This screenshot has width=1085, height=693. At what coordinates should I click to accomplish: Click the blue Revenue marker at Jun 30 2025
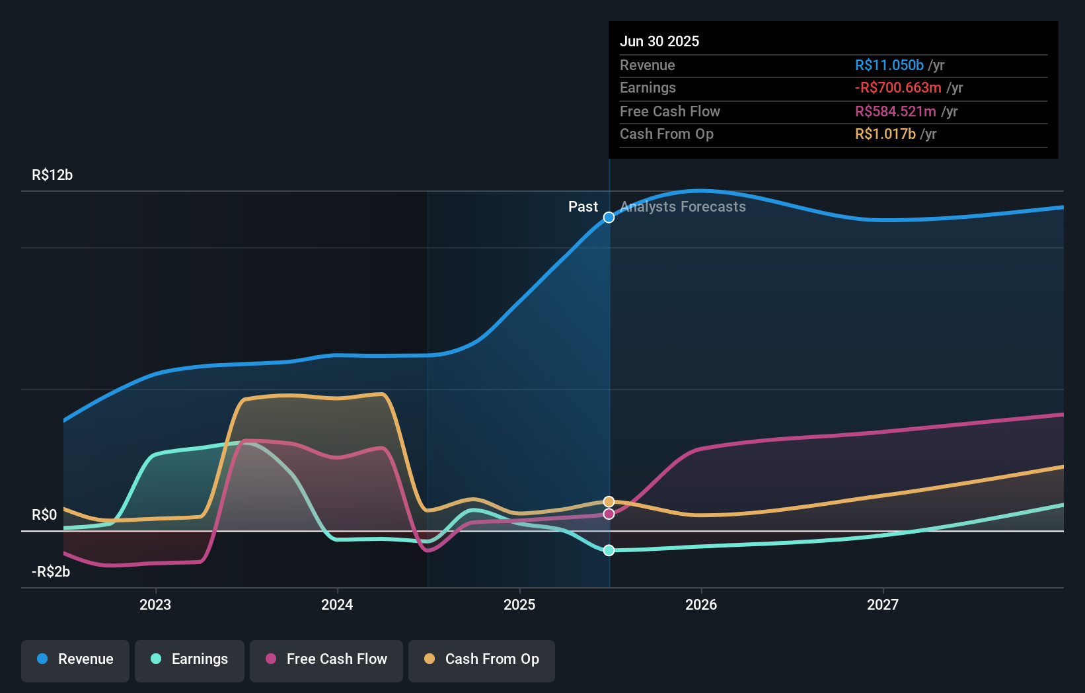pyautogui.click(x=609, y=218)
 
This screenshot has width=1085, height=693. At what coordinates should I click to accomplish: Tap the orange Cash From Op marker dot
pyautogui.click(x=609, y=502)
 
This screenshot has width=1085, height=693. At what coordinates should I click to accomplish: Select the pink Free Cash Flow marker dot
pyautogui.click(x=609, y=514)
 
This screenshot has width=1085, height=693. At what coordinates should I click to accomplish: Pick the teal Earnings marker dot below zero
pyautogui.click(x=609, y=550)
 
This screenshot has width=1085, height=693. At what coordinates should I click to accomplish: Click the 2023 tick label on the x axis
pyautogui.click(x=155, y=604)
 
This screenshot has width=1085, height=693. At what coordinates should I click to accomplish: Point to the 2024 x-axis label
pyautogui.click(x=337, y=604)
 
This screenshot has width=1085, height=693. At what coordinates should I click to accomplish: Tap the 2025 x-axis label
pyautogui.click(x=519, y=604)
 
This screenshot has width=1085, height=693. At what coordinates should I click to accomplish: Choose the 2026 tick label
pyautogui.click(x=701, y=604)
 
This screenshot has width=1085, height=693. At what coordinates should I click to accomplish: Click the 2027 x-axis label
pyautogui.click(x=883, y=604)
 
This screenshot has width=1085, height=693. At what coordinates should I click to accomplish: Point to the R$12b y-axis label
pyautogui.click(x=52, y=175)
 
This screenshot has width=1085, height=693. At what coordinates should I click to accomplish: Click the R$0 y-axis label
pyautogui.click(x=44, y=514)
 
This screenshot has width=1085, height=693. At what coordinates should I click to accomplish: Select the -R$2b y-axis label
pyautogui.click(x=51, y=571)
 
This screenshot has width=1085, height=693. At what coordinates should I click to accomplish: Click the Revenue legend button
pyautogui.click(x=75, y=659)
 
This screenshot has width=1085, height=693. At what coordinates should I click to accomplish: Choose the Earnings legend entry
pyautogui.click(x=190, y=659)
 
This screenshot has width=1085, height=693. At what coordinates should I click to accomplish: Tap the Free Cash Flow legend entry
pyautogui.click(x=326, y=659)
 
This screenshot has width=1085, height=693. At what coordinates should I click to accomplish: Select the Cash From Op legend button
pyautogui.click(x=482, y=659)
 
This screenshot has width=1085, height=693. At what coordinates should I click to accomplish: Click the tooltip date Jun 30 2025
pyautogui.click(x=659, y=41)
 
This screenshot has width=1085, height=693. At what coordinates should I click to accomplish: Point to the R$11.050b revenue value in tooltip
pyautogui.click(x=889, y=65)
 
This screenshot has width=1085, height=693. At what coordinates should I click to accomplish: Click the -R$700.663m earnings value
pyautogui.click(x=898, y=87)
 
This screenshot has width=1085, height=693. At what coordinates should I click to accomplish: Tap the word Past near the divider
pyautogui.click(x=583, y=207)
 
